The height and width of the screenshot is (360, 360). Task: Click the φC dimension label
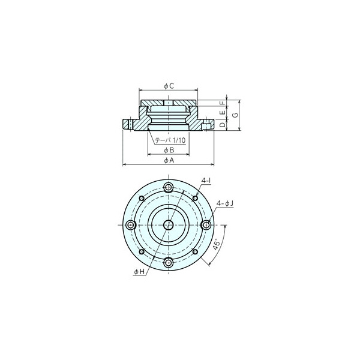[x=169, y=86]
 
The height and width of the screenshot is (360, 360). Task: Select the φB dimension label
[x=169, y=150]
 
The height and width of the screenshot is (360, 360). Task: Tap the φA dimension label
[x=169, y=160]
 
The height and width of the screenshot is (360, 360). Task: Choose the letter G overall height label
[x=235, y=115]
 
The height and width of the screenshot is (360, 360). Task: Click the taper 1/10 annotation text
[x=170, y=140]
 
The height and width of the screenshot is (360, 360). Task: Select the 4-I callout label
[x=206, y=181]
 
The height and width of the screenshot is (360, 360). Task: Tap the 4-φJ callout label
[x=225, y=203]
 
